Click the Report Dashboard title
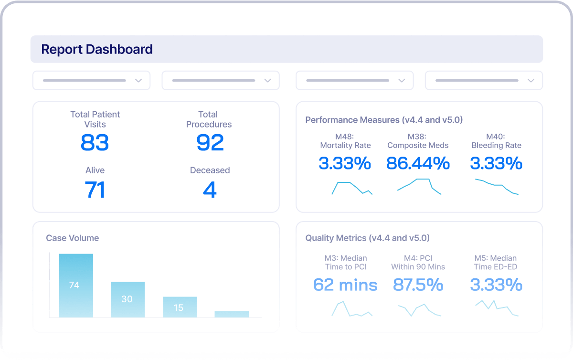click(97, 49)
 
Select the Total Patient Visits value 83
click(95, 142)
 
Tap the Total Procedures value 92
click(210, 142)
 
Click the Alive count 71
click(95, 190)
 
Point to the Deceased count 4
click(210, 190)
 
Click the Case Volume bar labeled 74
click(76, 286)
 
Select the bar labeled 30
click(127, 299)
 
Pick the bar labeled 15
click(180, 307)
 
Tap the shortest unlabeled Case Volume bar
click(232, 314)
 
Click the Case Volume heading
click(73, 238)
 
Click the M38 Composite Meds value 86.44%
click(418, 163)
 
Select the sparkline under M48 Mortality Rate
click(352, 188)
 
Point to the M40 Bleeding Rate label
click(496, 141)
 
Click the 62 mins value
click(345, 285)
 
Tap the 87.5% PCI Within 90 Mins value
click(418, 285)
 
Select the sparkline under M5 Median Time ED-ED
click(496, 308)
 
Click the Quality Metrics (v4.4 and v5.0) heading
click(367, 238)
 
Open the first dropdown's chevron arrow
click(138, 81)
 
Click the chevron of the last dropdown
click(531, 81)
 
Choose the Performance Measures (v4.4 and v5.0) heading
click(384, 120)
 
